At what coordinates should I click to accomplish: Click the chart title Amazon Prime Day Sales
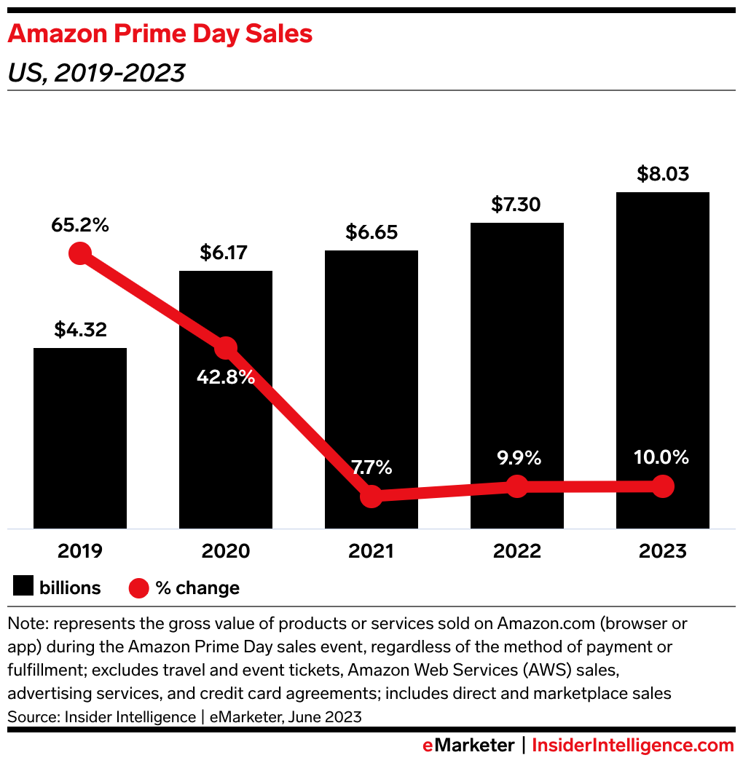coord(160,34)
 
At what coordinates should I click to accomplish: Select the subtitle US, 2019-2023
coord(95,73)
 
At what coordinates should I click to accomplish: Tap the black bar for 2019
coord(80,437)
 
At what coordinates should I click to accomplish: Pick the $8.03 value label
coord(662,175)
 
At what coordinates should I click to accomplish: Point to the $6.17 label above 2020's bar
coord(225,253)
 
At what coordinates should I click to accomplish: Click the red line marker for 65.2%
coord(80,253)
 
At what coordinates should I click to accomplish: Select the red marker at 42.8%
coord(226,348)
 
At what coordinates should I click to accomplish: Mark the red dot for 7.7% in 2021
coord(371,497)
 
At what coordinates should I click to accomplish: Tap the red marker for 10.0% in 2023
coord(662,486)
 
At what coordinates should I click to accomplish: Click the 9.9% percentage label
coord(516,458)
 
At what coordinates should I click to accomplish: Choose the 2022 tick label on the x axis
coord(516,551)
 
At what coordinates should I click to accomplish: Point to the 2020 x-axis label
coord(225,551)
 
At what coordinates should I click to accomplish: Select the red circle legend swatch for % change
coord(139,588)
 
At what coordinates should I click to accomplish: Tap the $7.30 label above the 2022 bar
coord(516,205)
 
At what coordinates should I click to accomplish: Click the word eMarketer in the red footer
coord(468,746)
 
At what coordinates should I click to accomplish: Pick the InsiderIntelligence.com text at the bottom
coord(633,746)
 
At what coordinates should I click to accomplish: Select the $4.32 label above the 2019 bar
coord(80,330)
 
